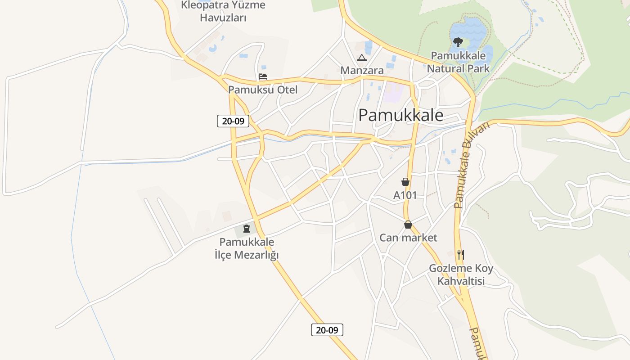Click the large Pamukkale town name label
[x=400, y=116]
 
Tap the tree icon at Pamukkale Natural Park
[x=458, y=42]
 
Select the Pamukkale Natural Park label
[x=458, y=62]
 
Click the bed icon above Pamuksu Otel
[x=263, y=76]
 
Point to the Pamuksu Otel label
[x=263, y=90]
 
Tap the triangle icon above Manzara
[x=362, y=58]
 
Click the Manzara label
[x=362, y=70]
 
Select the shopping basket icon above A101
[x=405, y=182]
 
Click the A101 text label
[x=405, y=195]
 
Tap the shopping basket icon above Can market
[x=408, y=225]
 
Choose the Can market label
[x=408, y=238]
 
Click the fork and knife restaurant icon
[x=460, y=255]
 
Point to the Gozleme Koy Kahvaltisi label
[x=461, y=274]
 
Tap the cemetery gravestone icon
[x=246, y=229]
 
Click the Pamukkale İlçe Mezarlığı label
[x=247, y=248]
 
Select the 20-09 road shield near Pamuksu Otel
[x=233, y=121]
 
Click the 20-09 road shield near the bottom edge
[x=327, y=330]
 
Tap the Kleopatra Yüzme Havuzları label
[x=223, y=11]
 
